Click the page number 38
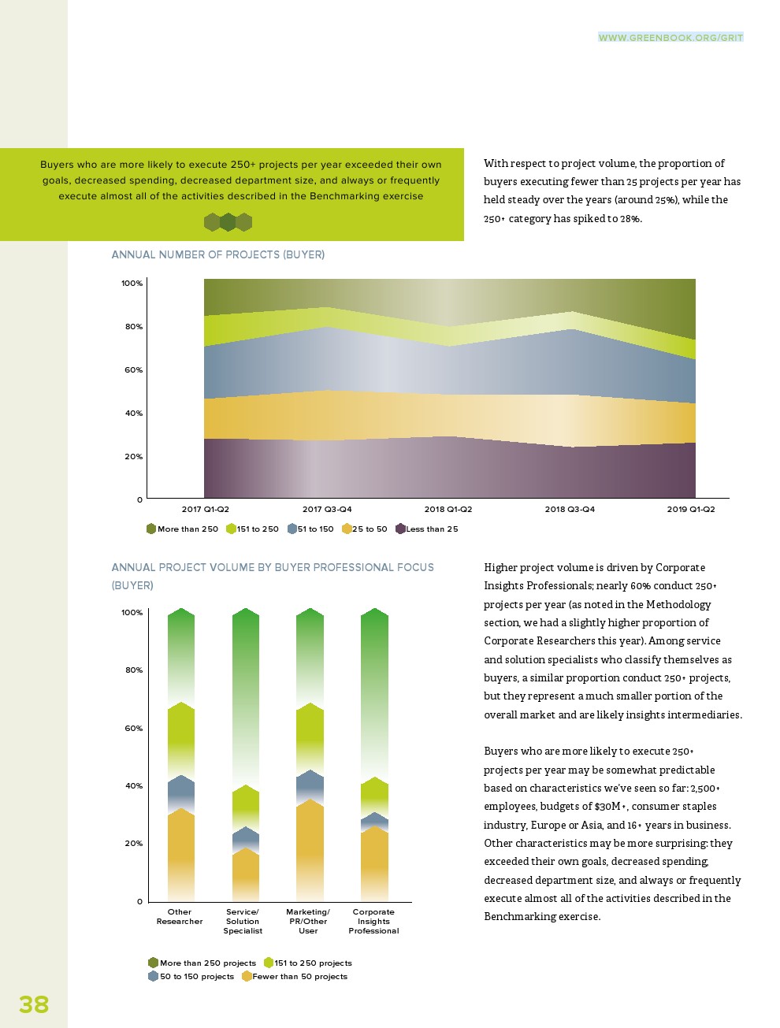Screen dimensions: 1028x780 coord(34,1004)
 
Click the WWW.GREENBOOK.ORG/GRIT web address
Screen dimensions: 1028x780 coord(670,38)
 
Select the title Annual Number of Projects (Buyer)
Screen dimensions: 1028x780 coord(218,254)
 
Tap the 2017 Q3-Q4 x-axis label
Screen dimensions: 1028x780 coord(327,510)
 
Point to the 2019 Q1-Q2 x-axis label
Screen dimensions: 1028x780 coord(691,510)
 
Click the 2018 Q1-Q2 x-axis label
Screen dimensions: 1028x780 coord(448,510)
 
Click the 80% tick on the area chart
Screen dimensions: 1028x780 coord(133,327)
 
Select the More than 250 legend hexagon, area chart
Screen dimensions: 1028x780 coord(151,529)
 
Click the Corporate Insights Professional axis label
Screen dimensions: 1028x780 coord(373,922)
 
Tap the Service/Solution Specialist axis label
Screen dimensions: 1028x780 coord(243,922)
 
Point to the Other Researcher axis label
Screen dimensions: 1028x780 coord(180,917)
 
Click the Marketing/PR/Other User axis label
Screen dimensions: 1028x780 coord(308,922)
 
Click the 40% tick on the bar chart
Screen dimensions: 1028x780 coord(133,786)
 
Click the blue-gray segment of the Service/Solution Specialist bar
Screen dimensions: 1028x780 coord(246,839)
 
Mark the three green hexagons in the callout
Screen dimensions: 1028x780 coord(228,222)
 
